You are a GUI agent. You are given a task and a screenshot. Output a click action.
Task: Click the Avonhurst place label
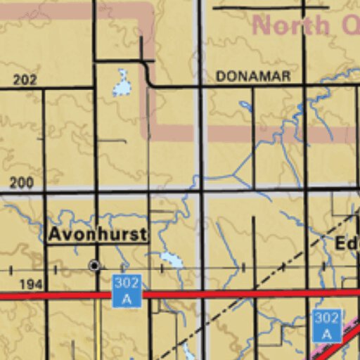[x=97, y=235]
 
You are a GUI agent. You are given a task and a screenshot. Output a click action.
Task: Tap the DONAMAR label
[x=253, y=76]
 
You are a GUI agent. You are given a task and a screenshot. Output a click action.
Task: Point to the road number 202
[x=25, y=79]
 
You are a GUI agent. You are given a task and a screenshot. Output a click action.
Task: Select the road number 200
[x=22, y=183]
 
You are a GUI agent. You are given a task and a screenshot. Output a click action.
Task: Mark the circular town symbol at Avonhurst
[x=94, y=266]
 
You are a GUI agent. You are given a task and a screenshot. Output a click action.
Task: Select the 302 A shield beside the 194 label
[x=127, y=290]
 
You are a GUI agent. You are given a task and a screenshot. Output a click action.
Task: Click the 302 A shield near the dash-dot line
[x=326, y=326]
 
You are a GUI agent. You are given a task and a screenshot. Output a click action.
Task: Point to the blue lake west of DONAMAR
[x=122, y=84]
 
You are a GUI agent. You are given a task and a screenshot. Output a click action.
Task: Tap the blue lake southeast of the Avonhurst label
[x=172, y=259]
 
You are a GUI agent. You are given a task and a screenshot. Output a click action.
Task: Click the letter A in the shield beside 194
[x=127, y=299]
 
